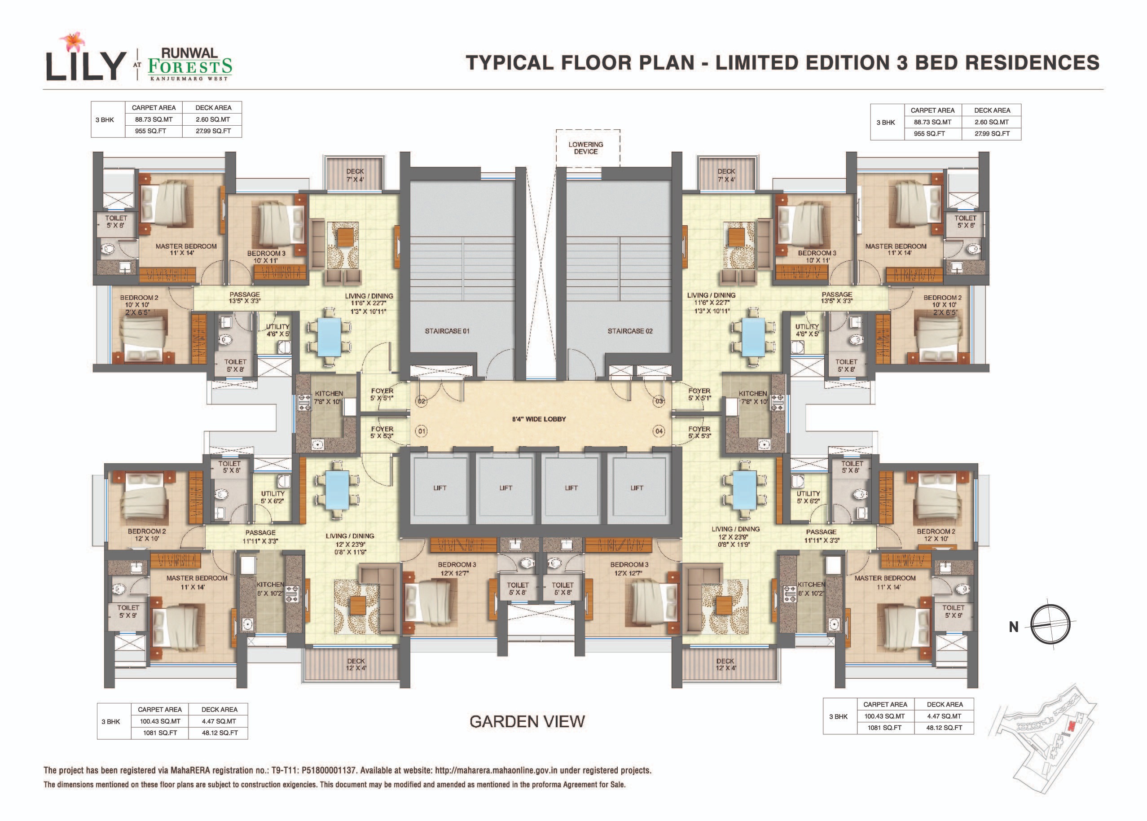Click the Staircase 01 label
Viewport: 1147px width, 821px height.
tap(447, 331)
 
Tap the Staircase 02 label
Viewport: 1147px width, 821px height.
tap(630, 331)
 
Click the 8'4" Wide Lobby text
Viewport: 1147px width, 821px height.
tap(539, 419)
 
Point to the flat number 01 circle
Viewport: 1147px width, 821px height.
tap(421, 431)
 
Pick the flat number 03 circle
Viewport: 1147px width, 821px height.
tap(659, 401)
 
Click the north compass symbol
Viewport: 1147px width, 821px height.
tap(1050, 624)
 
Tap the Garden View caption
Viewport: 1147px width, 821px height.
tap(527, 721)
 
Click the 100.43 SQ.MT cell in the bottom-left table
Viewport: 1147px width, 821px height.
tap(160, 721)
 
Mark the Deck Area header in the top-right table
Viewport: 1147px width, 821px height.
tap(992, 110)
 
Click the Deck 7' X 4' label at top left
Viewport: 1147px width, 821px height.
tap(356, 176)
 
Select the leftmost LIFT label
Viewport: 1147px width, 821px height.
tap(440, 488)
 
